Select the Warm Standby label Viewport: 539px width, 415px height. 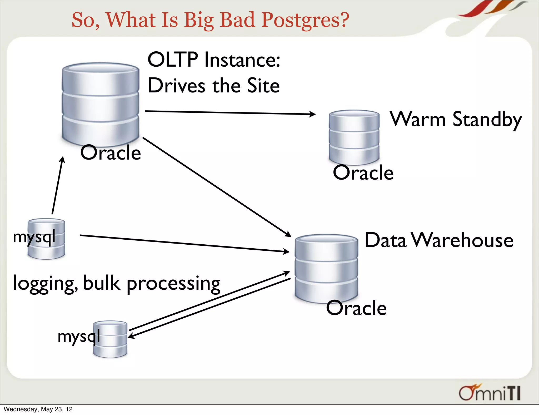pyautogui.click(x=455, y=119)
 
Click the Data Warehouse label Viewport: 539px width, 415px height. pyautogui.click(x=439, y=240)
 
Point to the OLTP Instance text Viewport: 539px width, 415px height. pyautogui.click(x=214, y=60)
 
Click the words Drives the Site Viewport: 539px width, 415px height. pyautogui.click(x=214, y=86)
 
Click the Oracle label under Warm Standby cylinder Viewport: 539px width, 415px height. pyautogui.click(x=363, y=173)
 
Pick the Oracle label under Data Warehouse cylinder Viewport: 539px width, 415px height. pyautogui.click(x=356, y=308)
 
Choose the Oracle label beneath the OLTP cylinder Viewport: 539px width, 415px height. pyautogui.click(x=111, y=153)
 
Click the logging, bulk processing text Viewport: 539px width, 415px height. pyautogui.click(x=117, y=283)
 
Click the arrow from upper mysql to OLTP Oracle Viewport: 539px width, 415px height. pyautogui.click(x=57, y=186)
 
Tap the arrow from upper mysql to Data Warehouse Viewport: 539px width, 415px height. pyautogui.click(x=184, y=244)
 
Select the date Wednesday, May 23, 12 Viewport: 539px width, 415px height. pyautogui.click(x=38, y=409)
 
